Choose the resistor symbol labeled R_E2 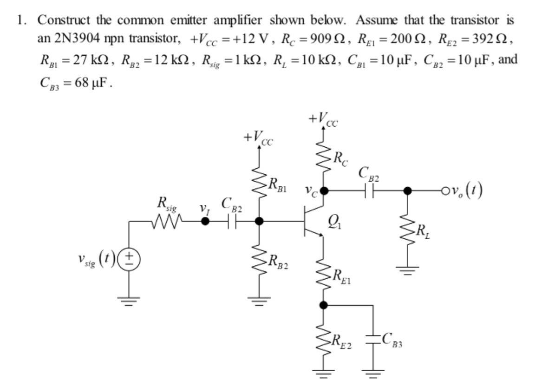pos(324,341)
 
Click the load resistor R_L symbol pos(407,230)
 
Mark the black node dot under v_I pos(205,222)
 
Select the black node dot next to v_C pos(324,190)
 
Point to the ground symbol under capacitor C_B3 pos(373,371)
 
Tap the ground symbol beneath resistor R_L pos(407,270)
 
